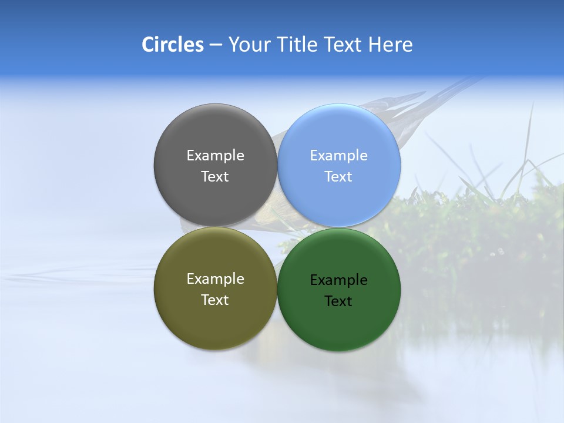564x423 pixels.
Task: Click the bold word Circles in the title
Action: click(x=173, y=45)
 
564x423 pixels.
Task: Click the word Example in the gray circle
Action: click(x=215, y=156)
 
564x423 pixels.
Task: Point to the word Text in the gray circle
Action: click(x=215, y=176)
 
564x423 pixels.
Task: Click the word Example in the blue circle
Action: click(x=339, y=156)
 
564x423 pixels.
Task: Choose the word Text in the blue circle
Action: click(x=339, y=176)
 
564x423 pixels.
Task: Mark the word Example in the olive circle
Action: click(x=215, y=279)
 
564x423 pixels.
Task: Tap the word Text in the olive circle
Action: click(x=215, y=300)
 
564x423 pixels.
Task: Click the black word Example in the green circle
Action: click(x=339, y=280)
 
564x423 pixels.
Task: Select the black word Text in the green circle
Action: click(x=339, y=301)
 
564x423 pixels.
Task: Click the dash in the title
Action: click(x=216, y=45)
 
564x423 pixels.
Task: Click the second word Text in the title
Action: click(x=343, y=45)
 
